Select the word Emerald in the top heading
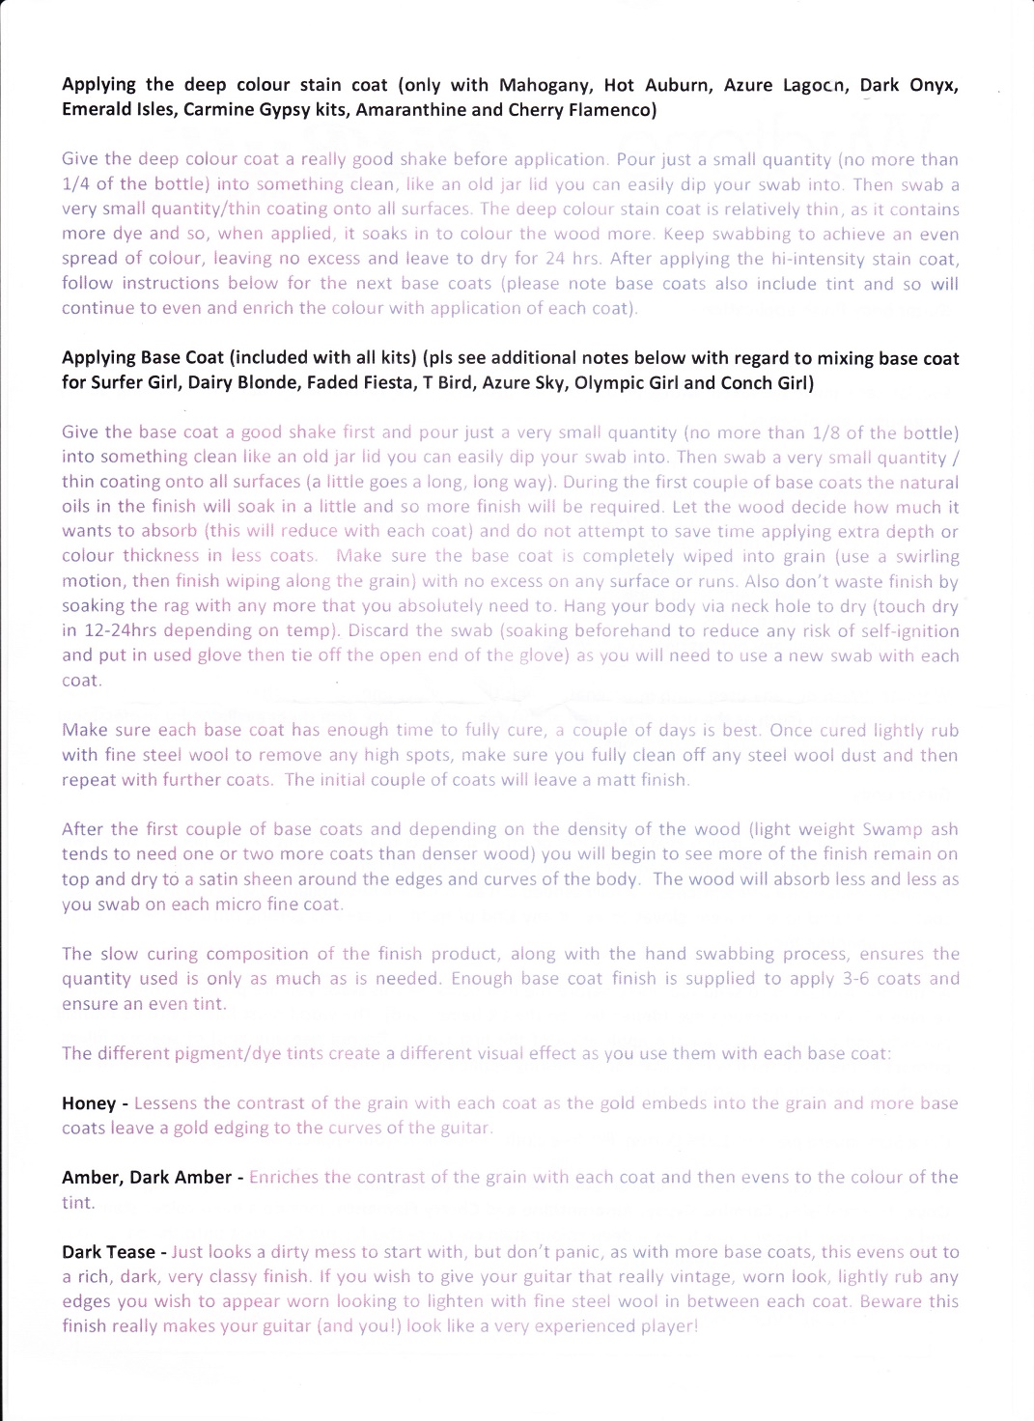(95, 110)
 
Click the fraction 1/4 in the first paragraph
(77, 184)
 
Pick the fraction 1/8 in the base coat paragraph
(867, 432)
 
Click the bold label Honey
(89, 1103)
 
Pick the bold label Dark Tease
(108, 1252)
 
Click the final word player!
(668, 1326)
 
